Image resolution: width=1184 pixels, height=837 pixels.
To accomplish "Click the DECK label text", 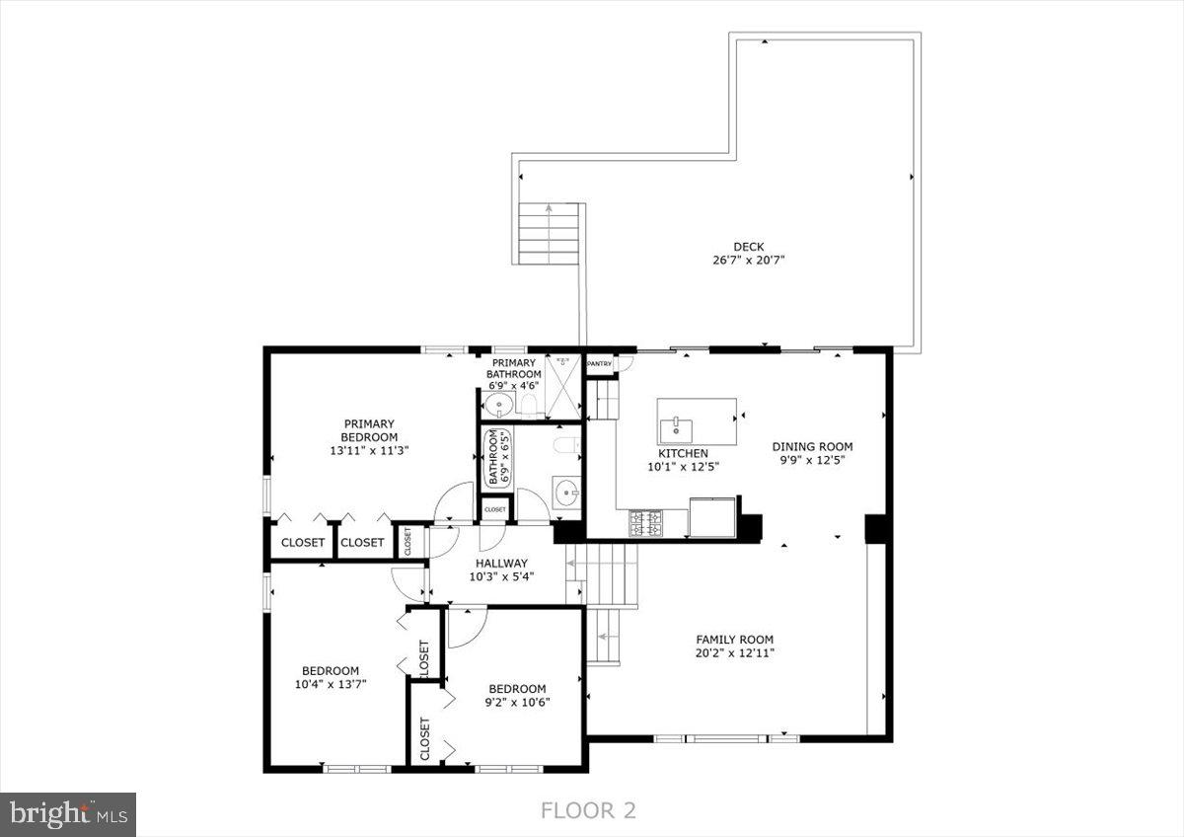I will point(748,247).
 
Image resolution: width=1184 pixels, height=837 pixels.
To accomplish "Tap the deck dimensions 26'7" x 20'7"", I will point(748,261).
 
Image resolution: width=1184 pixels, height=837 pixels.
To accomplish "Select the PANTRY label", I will point(600,364).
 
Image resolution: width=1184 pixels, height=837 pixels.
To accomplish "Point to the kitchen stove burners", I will point(646,522).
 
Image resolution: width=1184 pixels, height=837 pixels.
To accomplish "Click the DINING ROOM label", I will point(812,446).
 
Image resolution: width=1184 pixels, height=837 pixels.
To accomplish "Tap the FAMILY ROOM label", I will point(734,639).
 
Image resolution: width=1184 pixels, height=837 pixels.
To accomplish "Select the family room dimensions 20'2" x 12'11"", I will point(734,652).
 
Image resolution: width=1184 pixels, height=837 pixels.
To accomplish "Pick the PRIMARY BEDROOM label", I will point(370,430).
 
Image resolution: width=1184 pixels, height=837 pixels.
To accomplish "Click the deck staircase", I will point(549,233).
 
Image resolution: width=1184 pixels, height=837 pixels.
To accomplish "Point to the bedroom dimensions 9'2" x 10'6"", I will point(517,702).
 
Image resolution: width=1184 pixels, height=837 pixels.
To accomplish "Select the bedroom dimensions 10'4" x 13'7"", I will point(331,683).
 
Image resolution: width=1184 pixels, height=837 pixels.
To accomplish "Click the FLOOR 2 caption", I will point(588,810).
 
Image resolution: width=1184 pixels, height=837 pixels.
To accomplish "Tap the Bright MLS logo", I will point(67,814).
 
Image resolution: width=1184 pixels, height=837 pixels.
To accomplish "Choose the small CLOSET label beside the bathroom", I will point(494,509).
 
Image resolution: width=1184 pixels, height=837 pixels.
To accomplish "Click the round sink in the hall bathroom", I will point(565,492).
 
